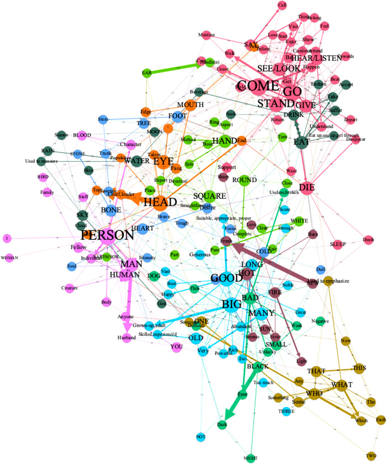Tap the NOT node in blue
pos(201,436)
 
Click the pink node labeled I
pos(7,239)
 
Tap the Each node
pos(381,419)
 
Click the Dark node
pos(222,424)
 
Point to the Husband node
pos(127,336)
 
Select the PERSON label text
pos(108,235)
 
